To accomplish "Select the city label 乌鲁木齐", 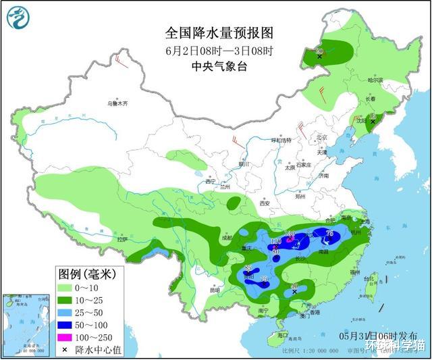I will pyautogui.click(x=116, y=103).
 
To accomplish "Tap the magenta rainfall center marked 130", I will pyautogui.click(x=290, y=236).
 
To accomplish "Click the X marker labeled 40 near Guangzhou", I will pyautogui.click(x=294, y=291).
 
